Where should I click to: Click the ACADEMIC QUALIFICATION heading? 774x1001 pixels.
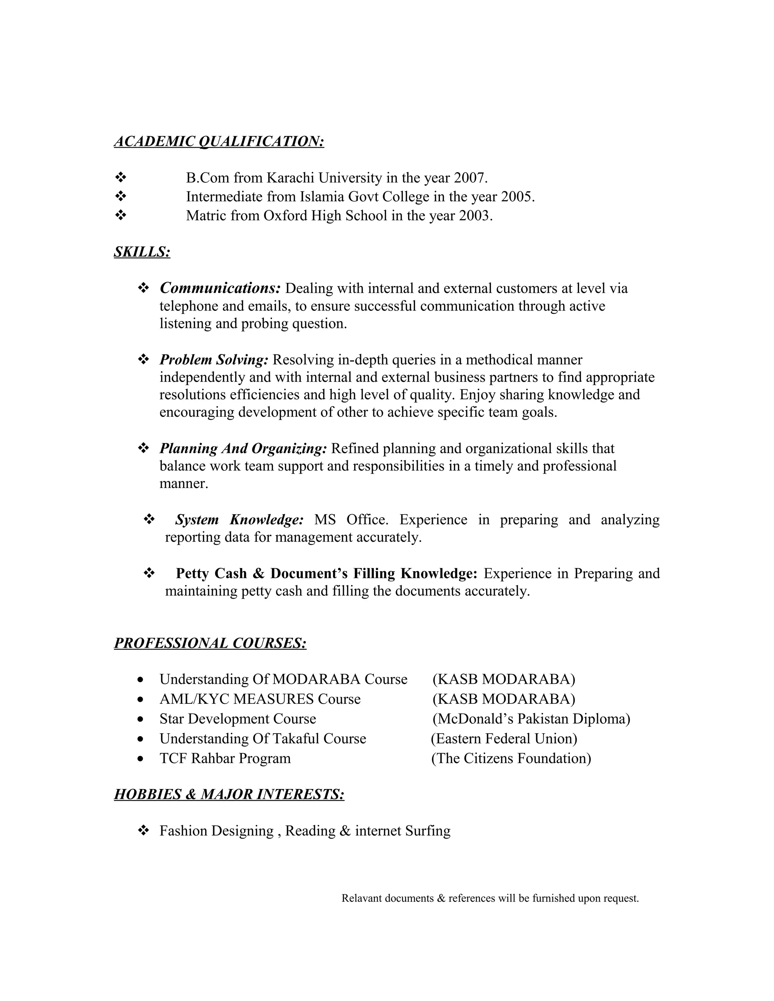click(x=219, y=141)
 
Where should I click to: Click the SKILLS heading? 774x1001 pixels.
click(x=142, y=252)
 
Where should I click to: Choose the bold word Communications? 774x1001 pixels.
click(x=220, y=288)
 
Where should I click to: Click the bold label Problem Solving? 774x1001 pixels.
click(x=214, y=360)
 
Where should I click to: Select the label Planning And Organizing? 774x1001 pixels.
click(x=243, y=448)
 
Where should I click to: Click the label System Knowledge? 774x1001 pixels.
click(x=239, y=520)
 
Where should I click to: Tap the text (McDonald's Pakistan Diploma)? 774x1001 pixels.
click(x=531, y=719)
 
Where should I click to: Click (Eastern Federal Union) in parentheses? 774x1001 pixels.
click(x=504, y=738)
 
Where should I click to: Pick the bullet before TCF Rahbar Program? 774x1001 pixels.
click(x=141, y=759)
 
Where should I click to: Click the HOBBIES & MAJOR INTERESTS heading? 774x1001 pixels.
click(x=229, y=794)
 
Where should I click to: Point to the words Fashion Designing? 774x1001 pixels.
click(x=217, y=831)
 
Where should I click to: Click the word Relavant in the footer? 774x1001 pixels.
click(x=361, y=898)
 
